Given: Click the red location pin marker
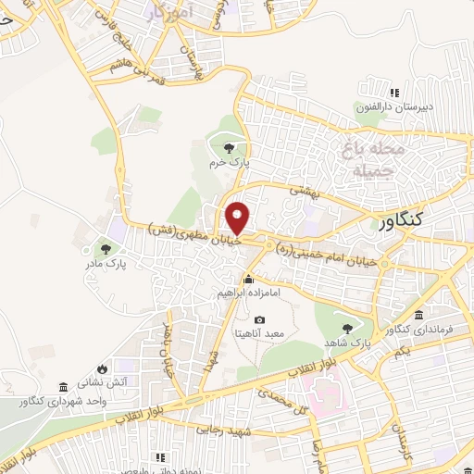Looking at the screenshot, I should pyautogui.click(x=239, y=217).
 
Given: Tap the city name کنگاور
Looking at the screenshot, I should pyautogui.click(x=414, y=220).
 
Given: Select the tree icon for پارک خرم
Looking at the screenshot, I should pyautogui.click(x=228, y=147).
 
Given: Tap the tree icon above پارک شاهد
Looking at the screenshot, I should pyautogui.click(x=347, y=328).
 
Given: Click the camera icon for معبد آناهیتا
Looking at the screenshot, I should pyautogui.click(x=259, y=319).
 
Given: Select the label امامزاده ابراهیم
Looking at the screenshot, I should pyautogui.click(x=248, y=293).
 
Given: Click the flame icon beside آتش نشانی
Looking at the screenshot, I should pyautogui.click(x=115, y=368).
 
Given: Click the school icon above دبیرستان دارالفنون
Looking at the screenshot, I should pyautogui.click(x=395, y=93).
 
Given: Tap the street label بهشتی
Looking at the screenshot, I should pyautogui.click(x=303, y=190).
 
